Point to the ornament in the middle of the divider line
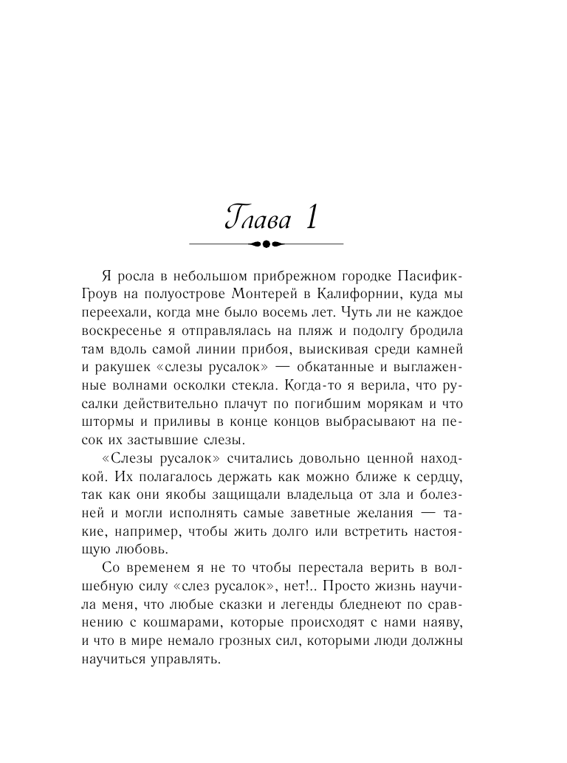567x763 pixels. (267, 243)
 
